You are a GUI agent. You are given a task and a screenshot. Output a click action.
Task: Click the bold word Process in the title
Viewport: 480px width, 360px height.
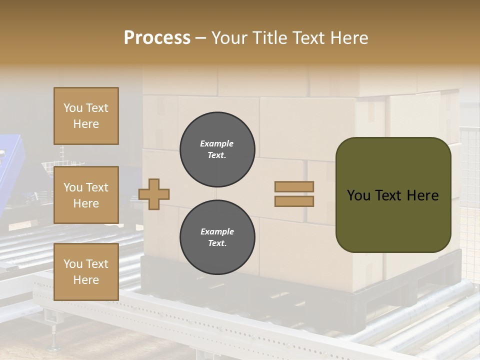click(157, 37)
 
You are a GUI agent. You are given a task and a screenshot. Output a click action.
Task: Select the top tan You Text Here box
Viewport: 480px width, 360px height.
click(86, 116)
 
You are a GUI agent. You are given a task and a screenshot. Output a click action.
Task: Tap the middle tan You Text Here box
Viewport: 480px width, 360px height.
click(86, 195)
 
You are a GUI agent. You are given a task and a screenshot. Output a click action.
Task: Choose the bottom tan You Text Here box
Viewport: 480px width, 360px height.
click(86, 272)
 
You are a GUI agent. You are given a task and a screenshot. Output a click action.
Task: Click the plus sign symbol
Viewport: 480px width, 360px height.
click(154, 194)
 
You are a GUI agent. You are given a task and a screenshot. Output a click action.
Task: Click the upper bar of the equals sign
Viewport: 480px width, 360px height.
click(294, 187)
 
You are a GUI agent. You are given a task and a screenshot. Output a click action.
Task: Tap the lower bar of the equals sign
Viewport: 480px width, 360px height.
click(294, 201)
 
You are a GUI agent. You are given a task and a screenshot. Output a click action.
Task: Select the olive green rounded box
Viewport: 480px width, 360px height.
click(393, 194)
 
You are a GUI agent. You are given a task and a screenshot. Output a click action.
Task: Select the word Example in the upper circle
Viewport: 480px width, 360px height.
click(217, 144)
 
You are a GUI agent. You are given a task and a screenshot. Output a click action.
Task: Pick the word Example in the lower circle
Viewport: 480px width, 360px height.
click(217, 232)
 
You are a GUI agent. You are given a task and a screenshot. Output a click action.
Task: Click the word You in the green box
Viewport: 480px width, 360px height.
click(358, 195)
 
